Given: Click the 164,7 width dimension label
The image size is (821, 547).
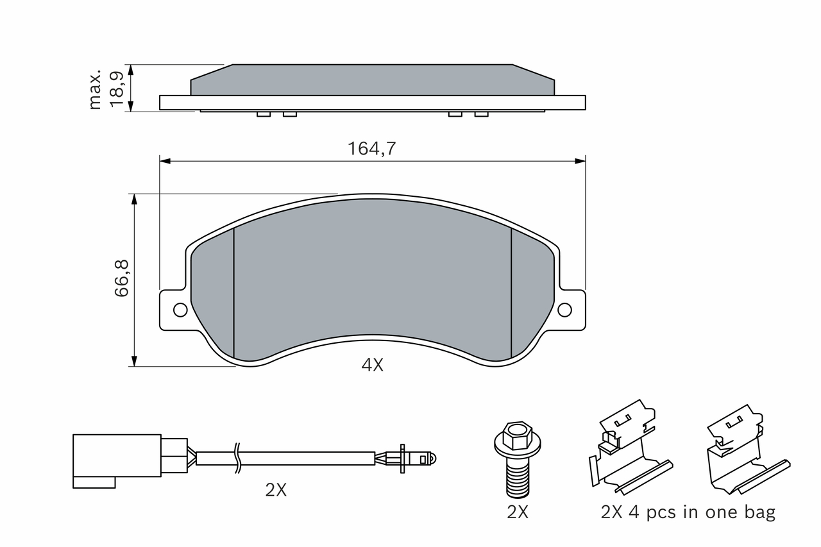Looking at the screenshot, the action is point(371,149).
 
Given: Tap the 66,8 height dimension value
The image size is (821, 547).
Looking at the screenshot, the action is point(122,278).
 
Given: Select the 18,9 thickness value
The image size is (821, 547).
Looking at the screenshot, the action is point(117,89).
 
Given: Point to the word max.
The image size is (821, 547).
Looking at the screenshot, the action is point(95,89).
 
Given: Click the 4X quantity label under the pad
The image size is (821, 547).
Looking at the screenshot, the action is point(373,366).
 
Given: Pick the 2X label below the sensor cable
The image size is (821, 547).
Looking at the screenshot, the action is point(276,490).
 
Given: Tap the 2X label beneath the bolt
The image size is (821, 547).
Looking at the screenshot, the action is point(518,512).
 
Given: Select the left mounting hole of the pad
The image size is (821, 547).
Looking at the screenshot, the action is point(180,310).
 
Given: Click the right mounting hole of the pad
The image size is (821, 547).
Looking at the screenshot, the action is point(564,310).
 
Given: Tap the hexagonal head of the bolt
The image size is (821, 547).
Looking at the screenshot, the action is point(518,435).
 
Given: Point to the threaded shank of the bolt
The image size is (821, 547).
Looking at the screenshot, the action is point(518,478).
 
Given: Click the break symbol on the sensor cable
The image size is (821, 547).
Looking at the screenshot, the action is point(237,458).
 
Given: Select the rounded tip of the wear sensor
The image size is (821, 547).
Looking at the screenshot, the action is point(429,459).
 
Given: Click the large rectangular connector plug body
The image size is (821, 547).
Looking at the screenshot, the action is point(117,455).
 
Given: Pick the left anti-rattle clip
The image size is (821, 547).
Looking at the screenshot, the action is point(631,447).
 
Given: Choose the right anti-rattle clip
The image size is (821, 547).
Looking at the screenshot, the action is point(748,449).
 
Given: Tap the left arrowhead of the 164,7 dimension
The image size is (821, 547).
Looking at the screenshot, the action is point(165,161).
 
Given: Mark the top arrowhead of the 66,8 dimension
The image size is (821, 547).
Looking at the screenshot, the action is point(134,199).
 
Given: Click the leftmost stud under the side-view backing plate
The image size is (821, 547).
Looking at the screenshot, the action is point(264,114).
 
